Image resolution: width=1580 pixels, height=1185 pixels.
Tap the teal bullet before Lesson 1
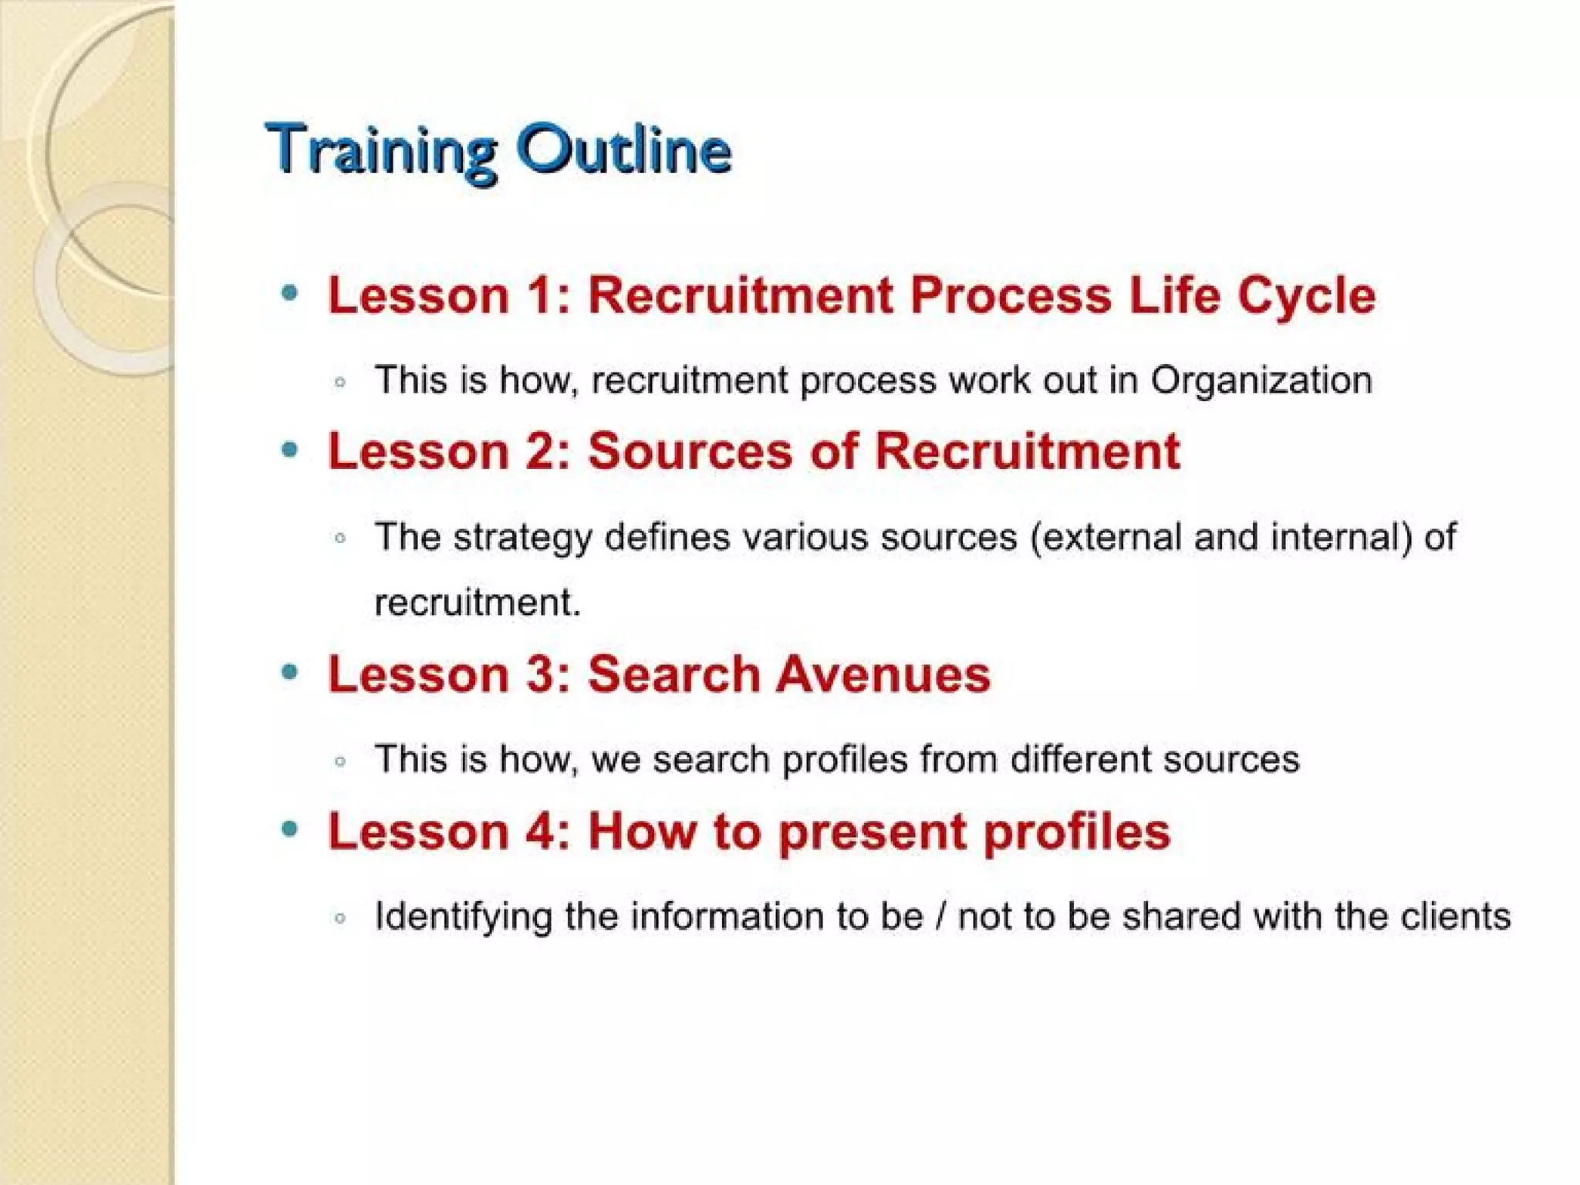(x=290, y=292)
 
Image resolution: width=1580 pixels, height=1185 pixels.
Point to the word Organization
(x=1261, y=381)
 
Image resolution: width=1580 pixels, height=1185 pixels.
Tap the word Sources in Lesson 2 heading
(x=690, y=451)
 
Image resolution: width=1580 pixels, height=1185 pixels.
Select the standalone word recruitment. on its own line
(x=477, y=603)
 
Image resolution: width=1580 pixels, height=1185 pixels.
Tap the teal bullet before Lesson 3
(x=290, y=672)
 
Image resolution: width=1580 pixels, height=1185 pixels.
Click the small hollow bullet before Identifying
(x=340, y=918)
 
